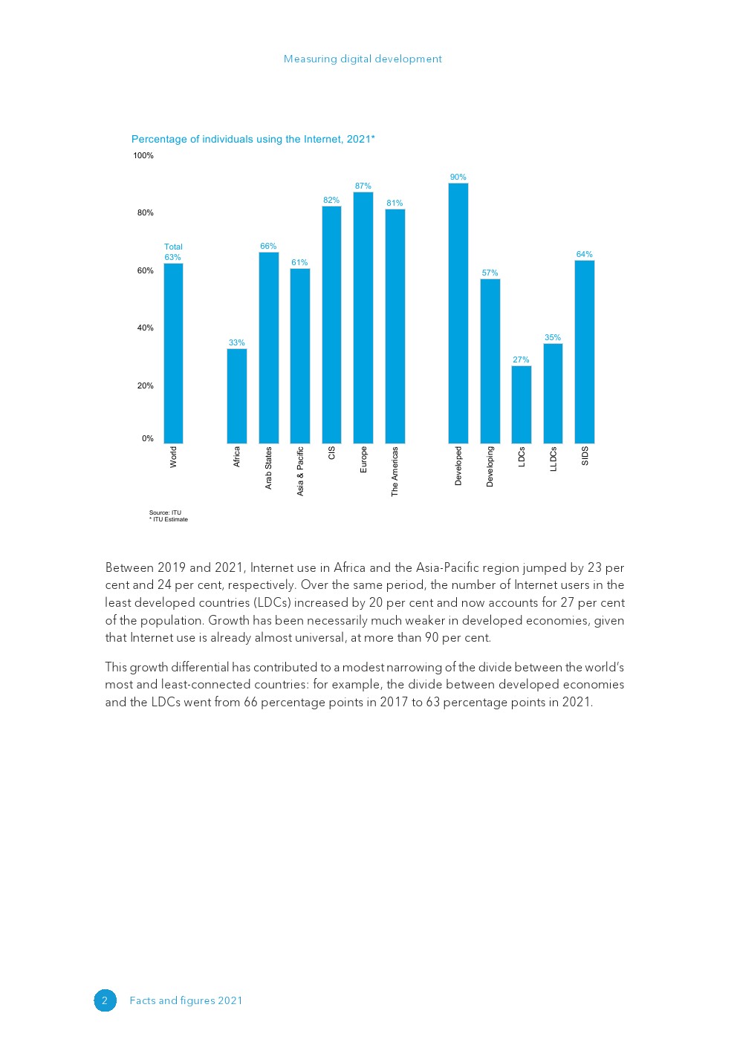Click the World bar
tap(173, 354)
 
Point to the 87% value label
tap(363, 186)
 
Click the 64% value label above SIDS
tap(585, 255)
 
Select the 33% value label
tap(237, 343)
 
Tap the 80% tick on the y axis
tap(145, 213)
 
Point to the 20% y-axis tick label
tap(145, 386)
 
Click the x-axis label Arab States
tap(269, 468)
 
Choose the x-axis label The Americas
tap(395, 472)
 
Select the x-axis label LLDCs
tap(553, 459)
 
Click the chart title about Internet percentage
tap(253, 140)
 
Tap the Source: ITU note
tap(165, 513)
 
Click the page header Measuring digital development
tap(363, 59)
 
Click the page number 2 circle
tap(105, 1000)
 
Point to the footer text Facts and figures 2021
tap(186, 1001)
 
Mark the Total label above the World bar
tap(173, 247)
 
